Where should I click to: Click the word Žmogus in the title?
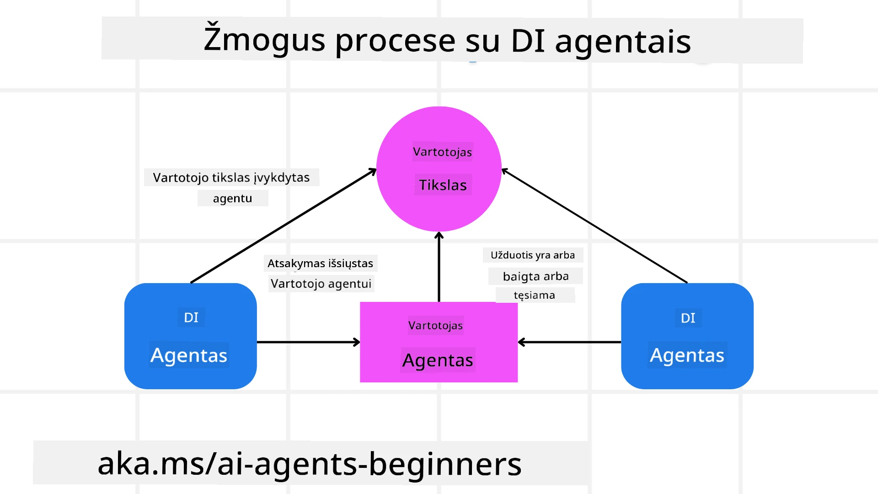(264, 40)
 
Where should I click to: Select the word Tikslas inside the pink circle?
(443, 185)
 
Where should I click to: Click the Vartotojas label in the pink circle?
(442, 152)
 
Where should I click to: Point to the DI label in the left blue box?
(191, 317)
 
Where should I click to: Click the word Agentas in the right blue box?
(687, 355)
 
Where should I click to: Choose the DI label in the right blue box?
(688, 318)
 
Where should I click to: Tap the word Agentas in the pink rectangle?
(438, 360)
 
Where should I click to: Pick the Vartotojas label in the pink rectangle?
(435, 326)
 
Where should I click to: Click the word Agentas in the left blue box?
(189, 355)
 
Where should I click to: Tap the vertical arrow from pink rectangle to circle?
(439, 268)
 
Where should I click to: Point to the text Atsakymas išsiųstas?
(320, 263)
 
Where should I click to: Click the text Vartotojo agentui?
(321, 284)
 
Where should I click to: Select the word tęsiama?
(534, 295)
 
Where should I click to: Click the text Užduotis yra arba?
(533, 255)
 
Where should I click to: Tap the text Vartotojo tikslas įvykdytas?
(231, 177)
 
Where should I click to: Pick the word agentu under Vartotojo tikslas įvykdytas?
(232, 199)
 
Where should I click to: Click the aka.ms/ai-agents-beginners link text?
(310, 464)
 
